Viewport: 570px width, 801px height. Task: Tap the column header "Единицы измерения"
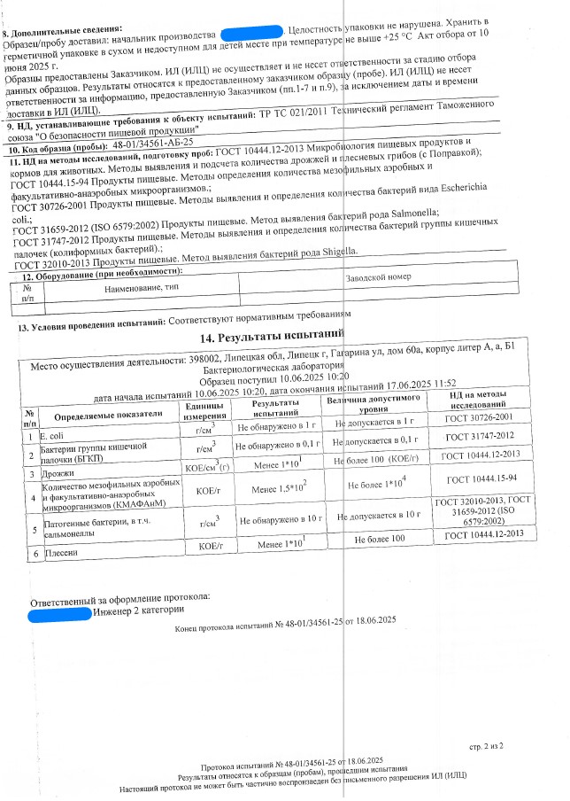click(205, 409)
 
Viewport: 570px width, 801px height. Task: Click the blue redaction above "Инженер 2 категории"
click(59, 611)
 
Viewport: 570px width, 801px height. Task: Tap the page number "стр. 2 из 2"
click(486, 747)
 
